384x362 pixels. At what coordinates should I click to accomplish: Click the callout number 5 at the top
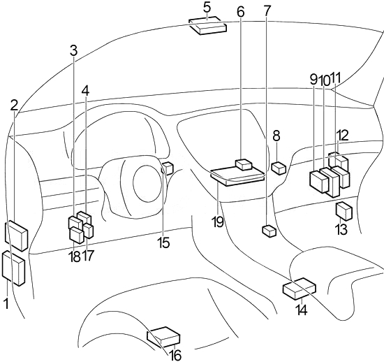tap(207, 8)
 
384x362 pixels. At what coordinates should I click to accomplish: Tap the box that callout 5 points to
tap(207, 27)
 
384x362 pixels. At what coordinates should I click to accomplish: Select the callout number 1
tap(6, 303)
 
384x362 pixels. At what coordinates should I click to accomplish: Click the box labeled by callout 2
tap(16, 235)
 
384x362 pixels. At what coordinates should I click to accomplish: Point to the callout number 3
tap(73, 50)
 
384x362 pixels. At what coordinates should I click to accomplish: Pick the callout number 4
tap(85, 91)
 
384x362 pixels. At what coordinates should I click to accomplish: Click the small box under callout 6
tap(243, 165)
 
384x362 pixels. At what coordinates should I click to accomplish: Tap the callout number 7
tap(267, 11)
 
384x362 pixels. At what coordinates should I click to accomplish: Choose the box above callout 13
tap(344, 211)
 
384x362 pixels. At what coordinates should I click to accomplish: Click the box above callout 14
tap(300, 289)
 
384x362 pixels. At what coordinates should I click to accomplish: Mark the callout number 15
tap(163, 242)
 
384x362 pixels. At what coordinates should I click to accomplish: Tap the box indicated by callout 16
tap(163, 338)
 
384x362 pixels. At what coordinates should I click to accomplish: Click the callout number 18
tap(75, 256)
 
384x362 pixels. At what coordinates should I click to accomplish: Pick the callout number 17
tap(88, 256)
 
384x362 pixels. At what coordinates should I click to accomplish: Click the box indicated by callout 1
tap(14, 268)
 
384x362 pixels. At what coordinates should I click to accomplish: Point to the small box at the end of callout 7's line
tap(269, 231)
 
